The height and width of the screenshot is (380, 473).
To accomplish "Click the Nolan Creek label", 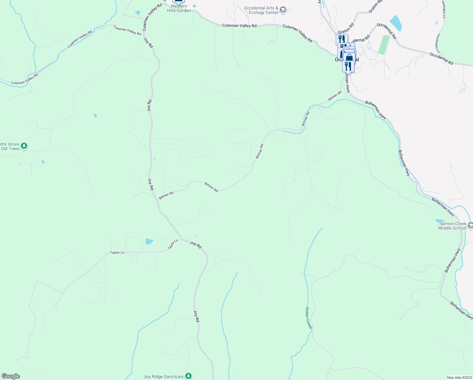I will [x=309, y=318].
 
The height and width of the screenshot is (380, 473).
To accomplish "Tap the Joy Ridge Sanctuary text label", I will [x=163, y=377].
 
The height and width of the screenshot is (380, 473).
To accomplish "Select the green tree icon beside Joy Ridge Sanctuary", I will [x=189, y=376].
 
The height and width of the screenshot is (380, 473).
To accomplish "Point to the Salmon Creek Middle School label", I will [x=452, y=226].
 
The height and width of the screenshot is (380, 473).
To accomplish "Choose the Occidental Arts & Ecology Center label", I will [x=261, y=10].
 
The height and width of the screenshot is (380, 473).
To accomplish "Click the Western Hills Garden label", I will [x=179, y=9].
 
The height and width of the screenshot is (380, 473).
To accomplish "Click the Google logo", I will [x=10, y=376].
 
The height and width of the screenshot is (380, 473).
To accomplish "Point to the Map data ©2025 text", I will [x=459, y=377].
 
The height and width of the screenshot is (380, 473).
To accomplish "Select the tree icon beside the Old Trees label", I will [x=24, y=146].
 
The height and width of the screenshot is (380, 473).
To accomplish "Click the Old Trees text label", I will [x=10, y=149].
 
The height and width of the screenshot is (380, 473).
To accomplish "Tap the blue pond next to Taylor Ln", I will [x=149, y=242].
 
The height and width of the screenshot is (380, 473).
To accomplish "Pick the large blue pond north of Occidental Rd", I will [x=396, y=23].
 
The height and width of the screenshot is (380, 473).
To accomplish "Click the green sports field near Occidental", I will [x=384, y=45].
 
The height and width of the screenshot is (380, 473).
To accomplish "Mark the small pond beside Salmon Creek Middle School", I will [x=439, y=221].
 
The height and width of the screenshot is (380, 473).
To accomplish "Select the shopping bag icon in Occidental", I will [x=349, y=58].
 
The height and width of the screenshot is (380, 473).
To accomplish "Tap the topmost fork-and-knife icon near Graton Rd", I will [x=341, y=39].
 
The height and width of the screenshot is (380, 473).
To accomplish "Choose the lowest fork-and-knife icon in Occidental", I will [x=348, y=66].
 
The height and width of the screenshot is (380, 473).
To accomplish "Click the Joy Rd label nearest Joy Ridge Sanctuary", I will [x=196, y=316].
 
